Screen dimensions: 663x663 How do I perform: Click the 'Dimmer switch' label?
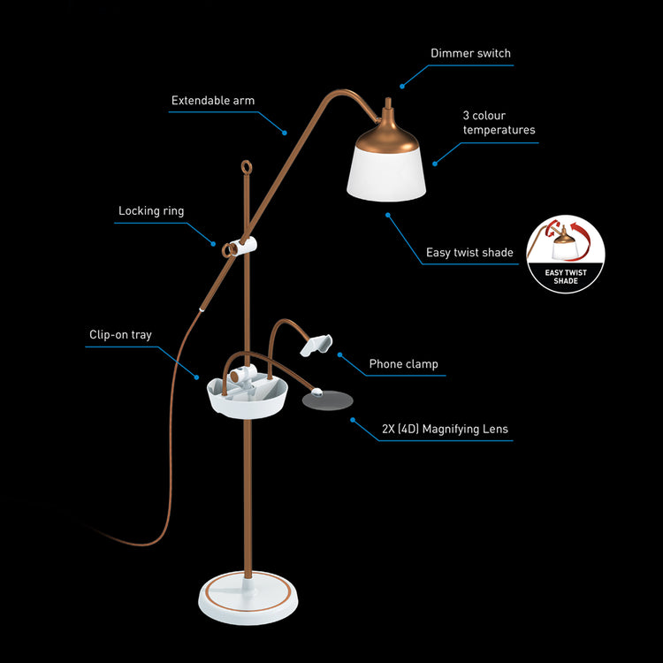pos(470,53)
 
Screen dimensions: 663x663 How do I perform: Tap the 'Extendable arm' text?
pos(213,101)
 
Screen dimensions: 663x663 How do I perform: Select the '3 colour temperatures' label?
pos(499,123)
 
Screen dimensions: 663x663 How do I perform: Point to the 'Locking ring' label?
pos(151,211)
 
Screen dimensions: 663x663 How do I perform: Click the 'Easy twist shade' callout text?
pos(469,253)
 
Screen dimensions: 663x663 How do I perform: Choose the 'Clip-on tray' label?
pos(120,335)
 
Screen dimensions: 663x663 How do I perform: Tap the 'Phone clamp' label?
pos(403,364)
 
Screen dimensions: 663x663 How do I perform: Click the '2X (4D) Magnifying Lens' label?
pos(445,429)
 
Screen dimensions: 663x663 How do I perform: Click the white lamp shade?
pos(386,174)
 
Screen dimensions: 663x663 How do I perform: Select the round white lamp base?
pos(248,598)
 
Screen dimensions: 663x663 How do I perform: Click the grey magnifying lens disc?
pos(328,400)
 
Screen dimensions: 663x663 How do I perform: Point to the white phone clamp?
pos(316,345)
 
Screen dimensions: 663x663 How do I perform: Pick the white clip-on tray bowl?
pos(248,398)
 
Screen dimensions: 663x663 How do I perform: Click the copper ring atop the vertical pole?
pos(247,167)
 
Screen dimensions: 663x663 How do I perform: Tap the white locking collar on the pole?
pos(243,247)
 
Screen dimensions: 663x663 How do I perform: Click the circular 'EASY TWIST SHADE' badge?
pos(566,255)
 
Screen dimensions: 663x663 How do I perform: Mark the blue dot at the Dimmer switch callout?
pos(402,87)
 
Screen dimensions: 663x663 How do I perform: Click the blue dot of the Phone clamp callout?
pos(339,354)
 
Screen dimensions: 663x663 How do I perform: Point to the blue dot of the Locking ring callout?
pos(214,244)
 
